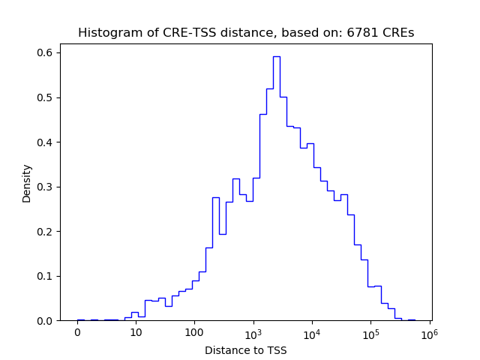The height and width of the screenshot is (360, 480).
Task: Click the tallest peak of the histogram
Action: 276,57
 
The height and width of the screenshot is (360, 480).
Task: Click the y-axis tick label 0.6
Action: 46,52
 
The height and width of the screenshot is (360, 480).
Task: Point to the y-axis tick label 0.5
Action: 46,97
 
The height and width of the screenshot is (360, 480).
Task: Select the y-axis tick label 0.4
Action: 46,142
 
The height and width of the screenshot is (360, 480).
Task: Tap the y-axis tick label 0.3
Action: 46,187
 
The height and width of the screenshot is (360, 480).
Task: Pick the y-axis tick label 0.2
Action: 46,231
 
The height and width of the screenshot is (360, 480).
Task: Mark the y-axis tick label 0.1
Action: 46,276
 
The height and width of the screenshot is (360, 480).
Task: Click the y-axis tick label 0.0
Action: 46,320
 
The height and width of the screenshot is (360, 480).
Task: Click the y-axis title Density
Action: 27,183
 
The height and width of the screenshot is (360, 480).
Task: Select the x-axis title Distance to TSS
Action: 246,349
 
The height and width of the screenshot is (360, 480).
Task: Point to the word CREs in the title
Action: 397,33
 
